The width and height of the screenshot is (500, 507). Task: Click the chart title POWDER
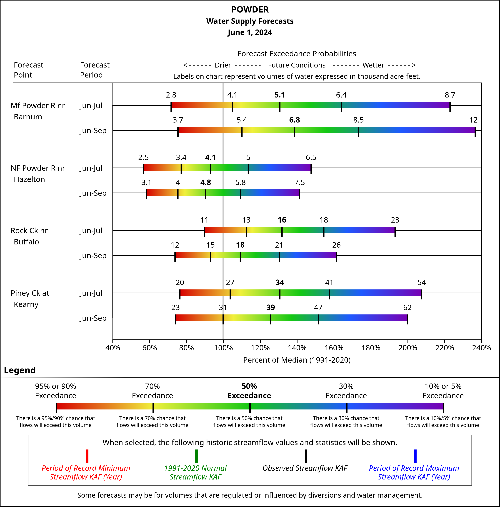[x=250, y=10]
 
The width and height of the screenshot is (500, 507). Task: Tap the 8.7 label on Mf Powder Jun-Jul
[x=450, y=95]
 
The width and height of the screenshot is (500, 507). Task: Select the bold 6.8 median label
[x=294, y=120]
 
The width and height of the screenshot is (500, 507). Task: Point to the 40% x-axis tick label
[x=113, y=348]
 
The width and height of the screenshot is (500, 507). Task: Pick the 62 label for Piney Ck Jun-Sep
[x=407, y=308]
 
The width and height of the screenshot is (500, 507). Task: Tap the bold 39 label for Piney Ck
[x=270, y=308]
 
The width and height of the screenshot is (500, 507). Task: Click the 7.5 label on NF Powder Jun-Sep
[x=299, y=183]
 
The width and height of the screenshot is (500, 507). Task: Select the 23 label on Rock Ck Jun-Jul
[x=395, y=220]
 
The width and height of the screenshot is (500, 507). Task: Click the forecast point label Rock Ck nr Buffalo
[x=29, y=236]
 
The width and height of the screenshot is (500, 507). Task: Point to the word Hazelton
[x=29, y=179]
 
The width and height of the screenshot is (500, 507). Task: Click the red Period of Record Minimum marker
[x=87, y=456]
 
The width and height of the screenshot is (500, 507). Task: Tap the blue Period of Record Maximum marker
[x=415, y=456]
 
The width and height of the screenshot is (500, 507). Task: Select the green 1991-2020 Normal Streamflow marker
[x=196, y=456]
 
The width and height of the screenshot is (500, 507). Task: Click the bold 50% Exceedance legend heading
[x=249, y=391]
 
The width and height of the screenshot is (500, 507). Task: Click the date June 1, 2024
[x=250, y=33]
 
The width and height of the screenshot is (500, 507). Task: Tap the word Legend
[x=20, y=370]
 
